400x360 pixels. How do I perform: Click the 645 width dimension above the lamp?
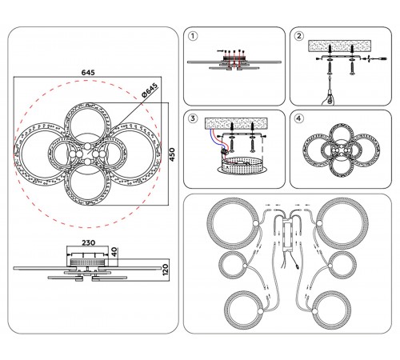[88, 72]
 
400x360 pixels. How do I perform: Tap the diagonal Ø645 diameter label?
[150, 90]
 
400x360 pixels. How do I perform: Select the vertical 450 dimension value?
[172, 154]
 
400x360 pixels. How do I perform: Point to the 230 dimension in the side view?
[88, 242]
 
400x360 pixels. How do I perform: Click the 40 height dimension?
[114, 252]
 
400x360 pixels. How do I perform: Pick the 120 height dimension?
[166, 270]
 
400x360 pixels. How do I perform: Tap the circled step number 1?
[193, 36]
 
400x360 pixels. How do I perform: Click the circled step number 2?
[299, 36]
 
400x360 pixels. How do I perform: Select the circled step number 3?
[193, 118]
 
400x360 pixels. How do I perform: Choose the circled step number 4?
[299, 118]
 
